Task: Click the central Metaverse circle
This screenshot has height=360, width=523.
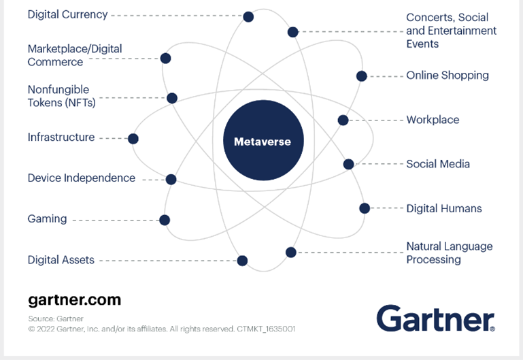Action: tap(262, 142)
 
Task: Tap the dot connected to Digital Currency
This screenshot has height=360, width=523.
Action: tap(248, 16)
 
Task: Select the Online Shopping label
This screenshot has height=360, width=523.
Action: tap(447, 76)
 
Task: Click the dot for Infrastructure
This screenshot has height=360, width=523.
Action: tap(133, 139)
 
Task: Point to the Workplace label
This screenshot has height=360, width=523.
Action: tap(433, 120)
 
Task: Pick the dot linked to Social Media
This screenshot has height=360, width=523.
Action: tap(348, 164)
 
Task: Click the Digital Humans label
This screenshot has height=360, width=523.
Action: tap(443, 208)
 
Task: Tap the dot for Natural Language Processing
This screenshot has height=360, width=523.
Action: tap(291, 252)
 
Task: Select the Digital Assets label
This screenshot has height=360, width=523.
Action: tap(61, 260)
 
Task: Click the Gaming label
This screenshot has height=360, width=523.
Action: tap(47, 219)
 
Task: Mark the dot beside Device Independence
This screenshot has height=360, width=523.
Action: tap(171, 180)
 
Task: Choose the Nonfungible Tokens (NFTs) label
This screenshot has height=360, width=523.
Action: tap(61, 96)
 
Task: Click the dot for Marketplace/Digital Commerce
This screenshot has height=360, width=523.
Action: tap(165, 59)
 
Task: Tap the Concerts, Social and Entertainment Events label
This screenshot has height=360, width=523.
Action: tap(451, 31)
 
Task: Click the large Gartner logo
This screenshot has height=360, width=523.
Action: tap(435, 318)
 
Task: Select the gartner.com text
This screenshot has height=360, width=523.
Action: tap(74, 299)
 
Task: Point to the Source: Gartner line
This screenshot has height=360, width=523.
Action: tap(56, 318)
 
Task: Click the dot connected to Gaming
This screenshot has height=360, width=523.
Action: tap(164, 220)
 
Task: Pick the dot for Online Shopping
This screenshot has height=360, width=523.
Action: tap(361, 76)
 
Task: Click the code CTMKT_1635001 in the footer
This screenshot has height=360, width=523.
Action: tap(267, 329)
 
